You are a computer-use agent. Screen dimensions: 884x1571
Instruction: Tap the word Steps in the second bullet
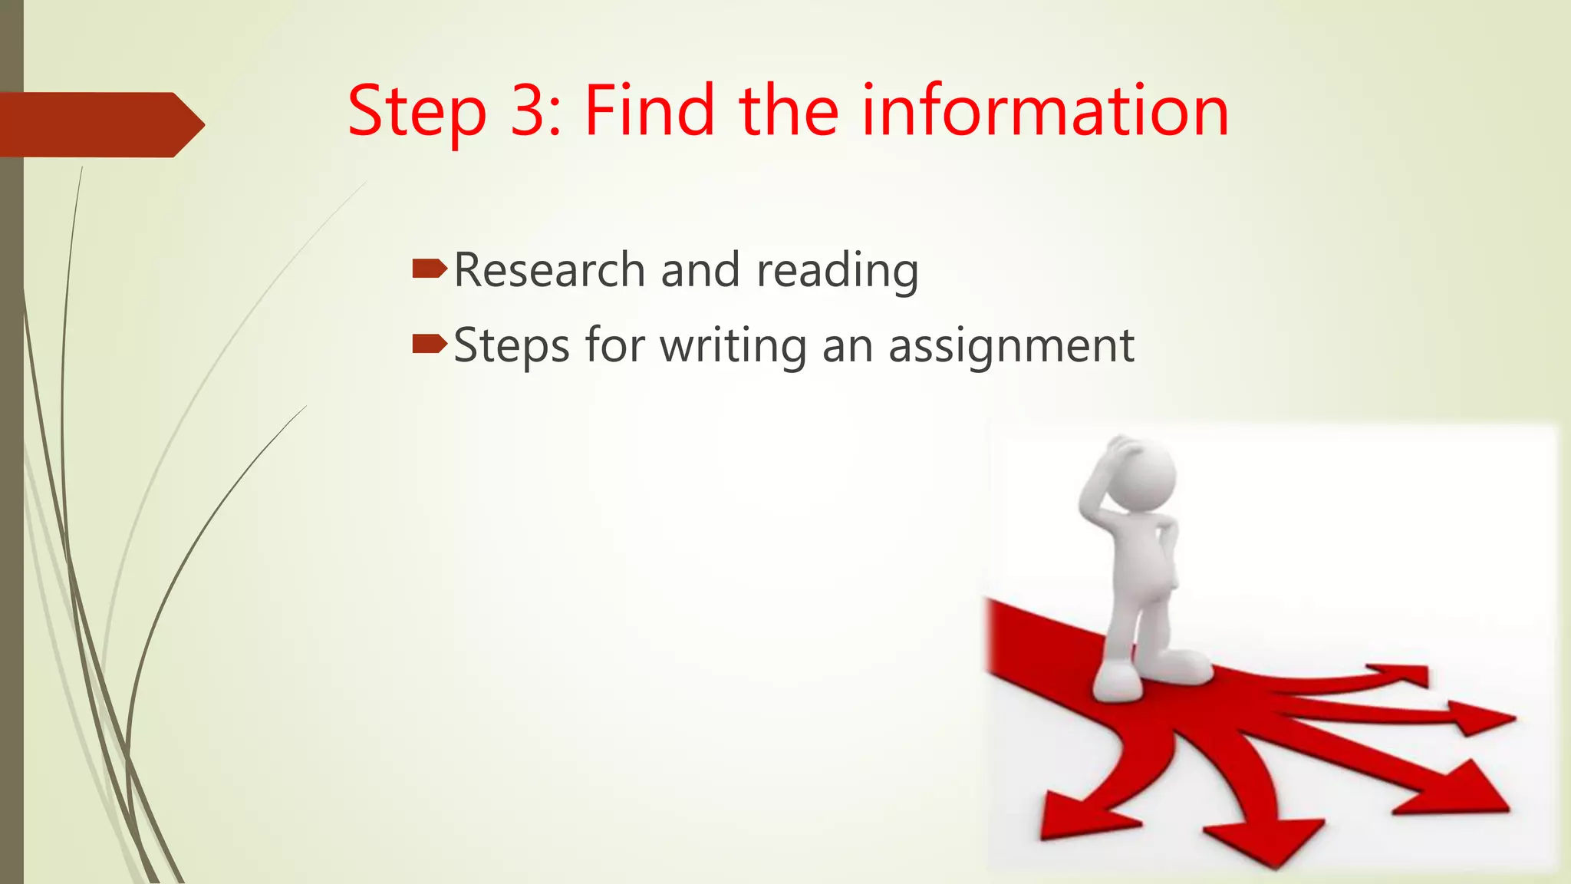(x=512, y=346)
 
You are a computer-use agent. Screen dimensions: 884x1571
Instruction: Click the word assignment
(x=1011, y=346)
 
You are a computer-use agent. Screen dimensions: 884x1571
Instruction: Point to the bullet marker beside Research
(x=429, y=269)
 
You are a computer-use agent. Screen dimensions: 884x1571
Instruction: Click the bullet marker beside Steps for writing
(x=429, y=344)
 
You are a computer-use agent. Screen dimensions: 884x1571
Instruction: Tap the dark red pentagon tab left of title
(x=100, y=124)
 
